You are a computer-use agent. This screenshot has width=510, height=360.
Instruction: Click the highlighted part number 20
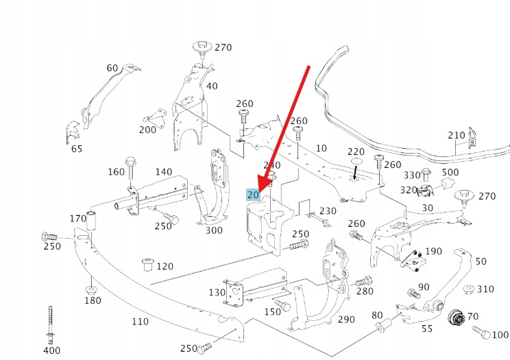coord(253,195)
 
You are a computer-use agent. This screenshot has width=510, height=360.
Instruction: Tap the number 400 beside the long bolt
coord(51,351)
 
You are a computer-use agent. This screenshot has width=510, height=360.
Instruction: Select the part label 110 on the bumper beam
coord(140,320)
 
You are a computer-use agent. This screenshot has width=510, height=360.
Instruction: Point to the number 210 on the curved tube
coord(457,135)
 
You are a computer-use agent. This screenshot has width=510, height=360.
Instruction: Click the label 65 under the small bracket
coord(76,149)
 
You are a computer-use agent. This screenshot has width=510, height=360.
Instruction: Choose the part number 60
coord(112,68)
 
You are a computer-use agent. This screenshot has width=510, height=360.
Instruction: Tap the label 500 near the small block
coord(450,172)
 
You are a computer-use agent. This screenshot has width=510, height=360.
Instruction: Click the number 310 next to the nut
coord(485,289)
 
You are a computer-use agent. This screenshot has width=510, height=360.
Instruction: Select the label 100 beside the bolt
coord(500,335)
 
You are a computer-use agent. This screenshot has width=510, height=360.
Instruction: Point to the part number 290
coord(346,320)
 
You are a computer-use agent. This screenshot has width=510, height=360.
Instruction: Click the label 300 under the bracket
coord(214,230)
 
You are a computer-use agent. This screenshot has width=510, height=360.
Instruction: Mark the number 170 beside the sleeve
coord(78,219)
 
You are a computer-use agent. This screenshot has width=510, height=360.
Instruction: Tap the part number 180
coord(93,300)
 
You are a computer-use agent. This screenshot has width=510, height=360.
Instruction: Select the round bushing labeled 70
coord(454,319)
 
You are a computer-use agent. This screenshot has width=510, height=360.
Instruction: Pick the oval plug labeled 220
coord(356,162)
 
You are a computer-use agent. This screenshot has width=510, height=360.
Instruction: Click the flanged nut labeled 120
coord(145,264)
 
